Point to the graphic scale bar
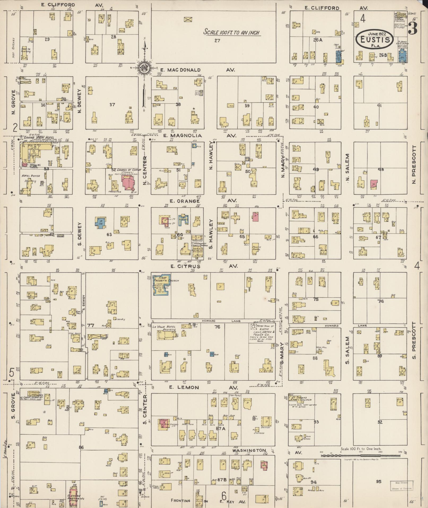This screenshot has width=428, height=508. pos(361,455)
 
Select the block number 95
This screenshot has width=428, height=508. pos(378,481)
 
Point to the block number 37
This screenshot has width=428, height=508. pos(112,105)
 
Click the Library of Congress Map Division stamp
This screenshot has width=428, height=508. pos(401,485)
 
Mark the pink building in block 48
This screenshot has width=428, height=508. pos(374,183)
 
